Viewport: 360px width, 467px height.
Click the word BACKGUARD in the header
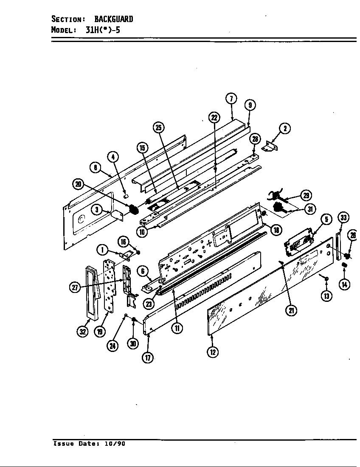pyautogui.click(x=113, y=19)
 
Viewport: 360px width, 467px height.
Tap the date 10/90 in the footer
pyautogui.click(x=115, y=444)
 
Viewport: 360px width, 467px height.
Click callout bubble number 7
pyautogui.click(x=231, y=98)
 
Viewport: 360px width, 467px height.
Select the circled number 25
pyautogui.click(x=158, y=127)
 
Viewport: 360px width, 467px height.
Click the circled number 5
pyautogui.click(x=326, y=219)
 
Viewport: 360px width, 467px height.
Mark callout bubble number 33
pyautogui.click(x=343, y=218)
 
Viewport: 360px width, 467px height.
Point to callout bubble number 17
pyautogui.click(x=147, y=357)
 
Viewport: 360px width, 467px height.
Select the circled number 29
pyautogui.click(x=306, y=195)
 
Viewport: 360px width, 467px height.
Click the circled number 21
pyautogui.click(x=291, y=310)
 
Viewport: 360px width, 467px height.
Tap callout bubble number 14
pyautogui.click(x=344, y=284)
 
